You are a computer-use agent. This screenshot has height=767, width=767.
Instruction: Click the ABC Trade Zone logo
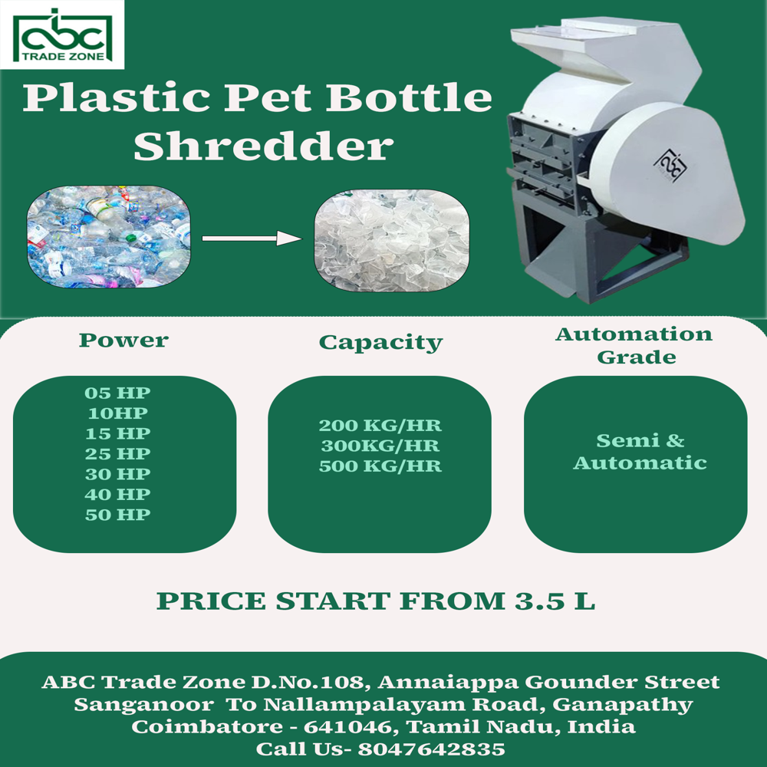click(x=61, y=35)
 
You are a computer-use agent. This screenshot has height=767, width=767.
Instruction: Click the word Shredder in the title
click(x=264, y=146)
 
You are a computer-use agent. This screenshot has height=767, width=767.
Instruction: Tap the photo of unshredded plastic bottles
click(x=108, y=237)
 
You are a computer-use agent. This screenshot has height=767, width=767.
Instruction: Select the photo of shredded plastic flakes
click(x=391, y=239)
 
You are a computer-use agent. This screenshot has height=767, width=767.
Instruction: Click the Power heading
click(x=123, y=340)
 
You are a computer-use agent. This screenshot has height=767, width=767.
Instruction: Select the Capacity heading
click(x=380, y=342)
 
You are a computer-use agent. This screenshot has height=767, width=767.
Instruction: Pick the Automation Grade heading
click(x=634, y=345)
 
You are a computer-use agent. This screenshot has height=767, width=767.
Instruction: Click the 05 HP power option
click(x=118, y=393)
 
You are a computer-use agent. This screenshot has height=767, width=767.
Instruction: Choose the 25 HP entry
click(x=118, y=454)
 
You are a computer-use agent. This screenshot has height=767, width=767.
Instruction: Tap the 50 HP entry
click(x=118, y=515)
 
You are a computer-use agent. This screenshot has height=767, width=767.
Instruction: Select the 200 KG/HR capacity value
click(x=380, y=426)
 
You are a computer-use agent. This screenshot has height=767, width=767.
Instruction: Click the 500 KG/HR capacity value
click(x=380, y=466)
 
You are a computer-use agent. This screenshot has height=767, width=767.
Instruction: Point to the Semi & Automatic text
click(x=640, y=452)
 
